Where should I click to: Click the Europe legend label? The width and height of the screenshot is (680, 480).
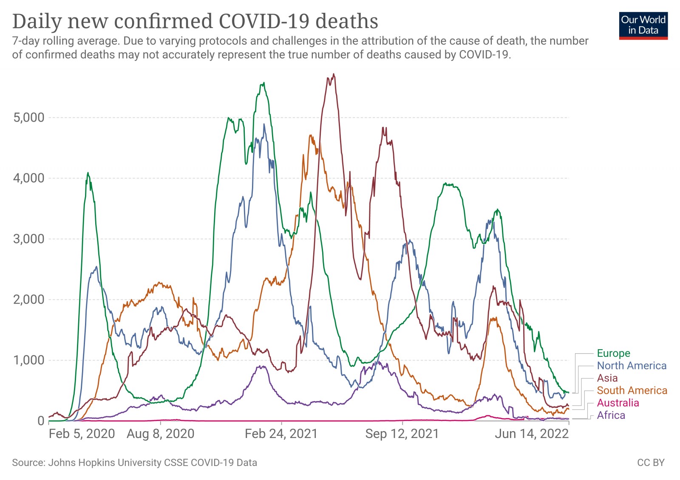tap(613, 353)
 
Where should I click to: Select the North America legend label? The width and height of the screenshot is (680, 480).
tap(632, 366)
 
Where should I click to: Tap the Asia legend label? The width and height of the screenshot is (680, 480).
tap(607, 378)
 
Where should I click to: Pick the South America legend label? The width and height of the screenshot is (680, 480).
tap(632, 390)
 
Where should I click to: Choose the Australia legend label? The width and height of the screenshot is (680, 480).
tap(618, 403)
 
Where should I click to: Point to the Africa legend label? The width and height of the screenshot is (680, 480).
tap(611, 415)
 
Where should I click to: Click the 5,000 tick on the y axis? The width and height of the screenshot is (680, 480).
tap(29, 118)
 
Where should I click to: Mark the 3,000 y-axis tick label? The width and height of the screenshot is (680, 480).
tap(29, 239)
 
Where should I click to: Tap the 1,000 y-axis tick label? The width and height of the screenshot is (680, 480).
tap(29, 360)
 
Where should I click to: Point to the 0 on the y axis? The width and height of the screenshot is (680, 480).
tap(41, 421)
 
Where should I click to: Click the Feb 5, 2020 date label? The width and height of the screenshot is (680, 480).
tap(82, 434)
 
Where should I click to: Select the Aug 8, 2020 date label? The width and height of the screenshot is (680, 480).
tap(161, 434)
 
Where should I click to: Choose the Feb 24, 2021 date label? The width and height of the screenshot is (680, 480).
tap(281, 434)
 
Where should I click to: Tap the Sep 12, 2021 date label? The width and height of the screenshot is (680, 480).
tap(402, 434)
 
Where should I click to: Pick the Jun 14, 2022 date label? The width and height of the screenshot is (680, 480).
tap(532, 434)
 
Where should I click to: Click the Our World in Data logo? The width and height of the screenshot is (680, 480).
tap(643, 25)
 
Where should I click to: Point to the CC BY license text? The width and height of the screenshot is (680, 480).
tap(650, 463)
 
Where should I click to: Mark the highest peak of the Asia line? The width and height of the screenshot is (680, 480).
tap(334, 74)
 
